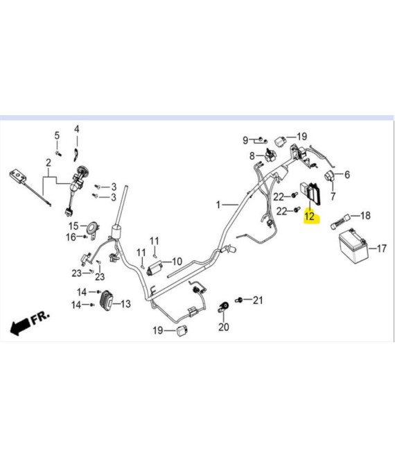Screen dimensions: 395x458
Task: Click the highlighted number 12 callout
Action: pyautogui.click(x=310, y=217)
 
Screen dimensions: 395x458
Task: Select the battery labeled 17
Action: pyautogui.click(x=353, y=246)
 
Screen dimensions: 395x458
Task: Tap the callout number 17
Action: pyautogui.click(x=382, y=248)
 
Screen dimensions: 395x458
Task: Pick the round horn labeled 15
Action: pyautogui.click(x=94, y=227)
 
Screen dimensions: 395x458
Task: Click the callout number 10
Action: pyautogui.click(x=177, y=261)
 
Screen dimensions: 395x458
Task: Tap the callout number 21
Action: pyautogui.click(x=258, y=300)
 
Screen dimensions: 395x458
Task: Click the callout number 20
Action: pyautogui.click(x=224, y=327)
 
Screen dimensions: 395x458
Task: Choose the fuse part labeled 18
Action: pyautogui.click(x=340, y=222)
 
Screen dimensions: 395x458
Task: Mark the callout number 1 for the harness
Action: pyautogui.click(x=218, y=205)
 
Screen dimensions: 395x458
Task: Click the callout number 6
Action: pyautogui.click(x=347, y=174)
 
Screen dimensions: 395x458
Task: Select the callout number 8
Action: pyautogui.click(x=252, y=156)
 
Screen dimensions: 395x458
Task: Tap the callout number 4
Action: pyautogui.click(x=76, y=129)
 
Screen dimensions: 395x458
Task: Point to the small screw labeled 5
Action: pyautogui.click(x=58, y=153)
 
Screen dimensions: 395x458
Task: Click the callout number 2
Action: pyautogui.click(x=49, y=162)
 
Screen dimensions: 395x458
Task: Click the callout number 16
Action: pyautogui.click(x=71, y=237)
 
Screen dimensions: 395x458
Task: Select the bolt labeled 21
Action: pyautogui.click(x=239, y=300)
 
